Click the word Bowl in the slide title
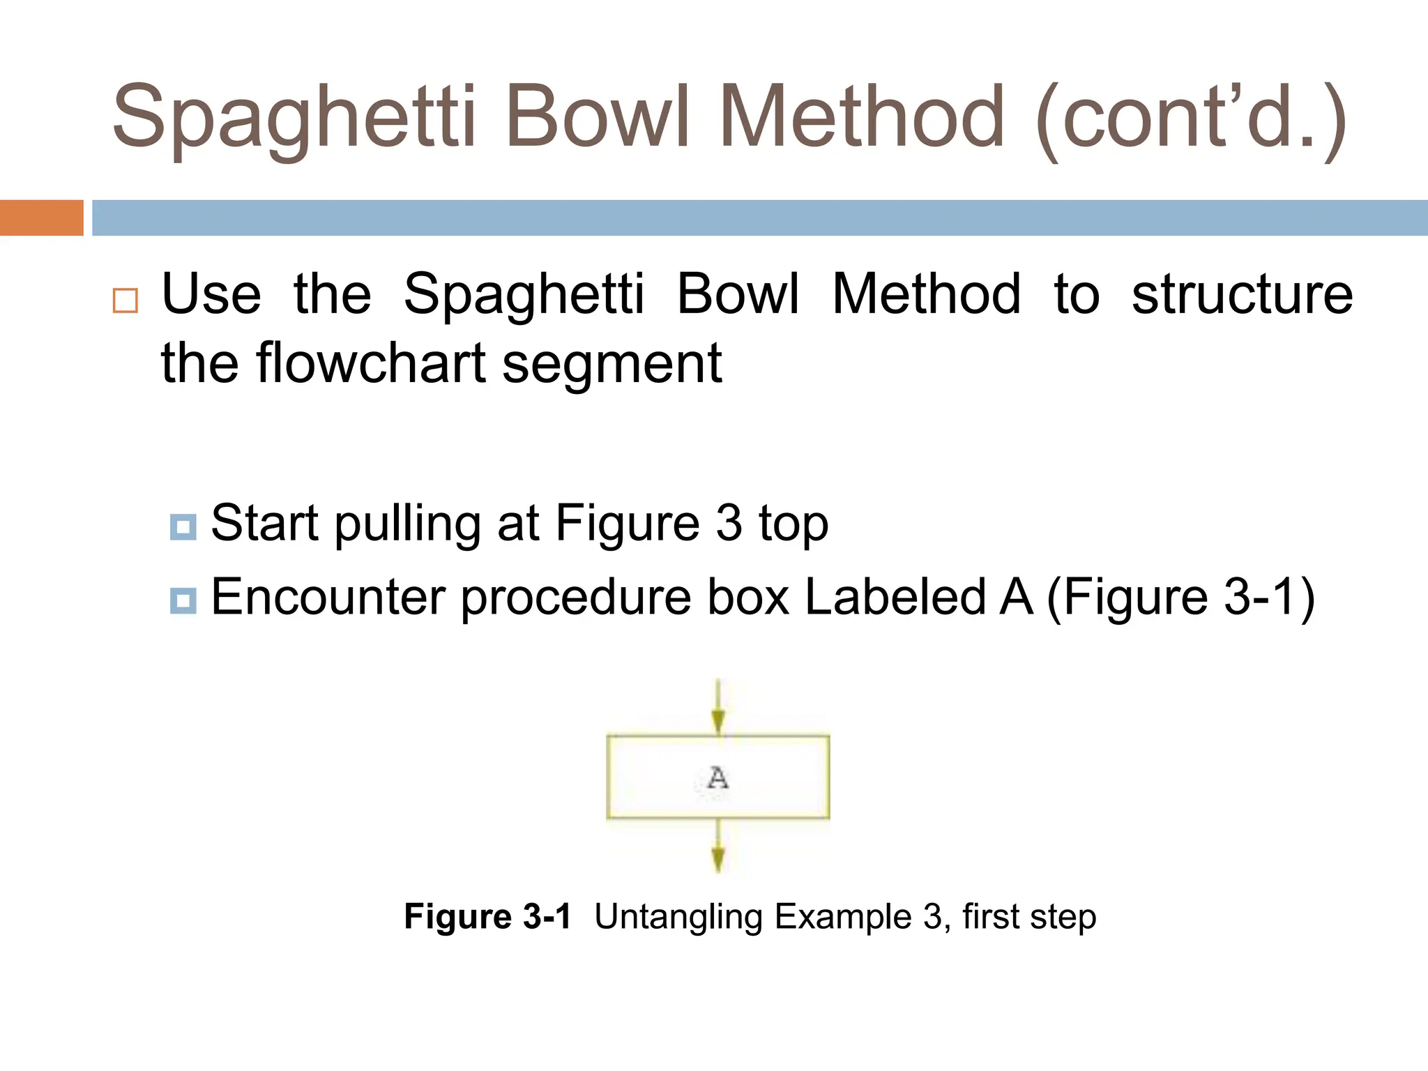(x=598, y=117)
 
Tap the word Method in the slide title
(x=861, y=117)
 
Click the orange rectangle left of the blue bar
(x=41, y=218)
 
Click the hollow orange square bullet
(x=126, y=300)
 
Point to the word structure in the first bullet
(x=1242, y=294)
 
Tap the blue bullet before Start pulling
(x=183, y=526)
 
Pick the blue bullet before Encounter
(x=183, y=600)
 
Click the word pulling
(x=407, y=524)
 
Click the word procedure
(x=576, y=598)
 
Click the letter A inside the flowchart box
(x=717, y=777)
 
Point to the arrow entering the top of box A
(x=718, y=708)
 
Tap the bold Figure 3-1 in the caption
(x=487, y=916)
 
